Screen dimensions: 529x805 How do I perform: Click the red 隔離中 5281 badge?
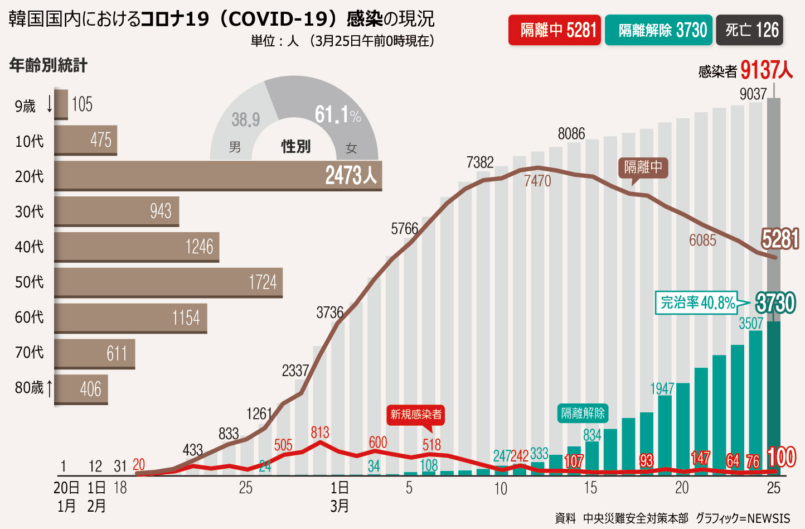[x=555, y=30]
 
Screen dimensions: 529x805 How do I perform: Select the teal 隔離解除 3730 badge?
[x=658, y=30]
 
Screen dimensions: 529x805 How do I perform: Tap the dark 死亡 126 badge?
[x=750, y=30]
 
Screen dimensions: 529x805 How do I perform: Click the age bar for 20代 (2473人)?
[x=217, y=176]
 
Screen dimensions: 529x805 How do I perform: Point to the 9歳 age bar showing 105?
[x=61, y=104]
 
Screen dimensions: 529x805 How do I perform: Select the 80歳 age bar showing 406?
[x=81, y=388]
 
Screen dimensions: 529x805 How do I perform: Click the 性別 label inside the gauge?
[x=295, y=147]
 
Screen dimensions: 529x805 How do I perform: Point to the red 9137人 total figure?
[x=767, y=70]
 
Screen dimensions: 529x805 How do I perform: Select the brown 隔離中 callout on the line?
[x=643, y=167]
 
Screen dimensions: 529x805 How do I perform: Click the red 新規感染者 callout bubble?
[x=416, y=415]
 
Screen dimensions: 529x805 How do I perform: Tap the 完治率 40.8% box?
[x=697, y=303]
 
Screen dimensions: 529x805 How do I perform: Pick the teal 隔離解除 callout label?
[x=583, y=413]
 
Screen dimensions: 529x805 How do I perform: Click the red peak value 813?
[x=320, y=432]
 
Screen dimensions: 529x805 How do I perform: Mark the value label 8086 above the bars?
[x=571, y=134]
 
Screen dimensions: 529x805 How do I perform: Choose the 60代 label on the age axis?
[x=29, y=318]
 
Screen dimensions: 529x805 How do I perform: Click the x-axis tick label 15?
[x=590, y=488]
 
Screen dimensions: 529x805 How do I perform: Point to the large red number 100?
[x=782, y=458]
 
